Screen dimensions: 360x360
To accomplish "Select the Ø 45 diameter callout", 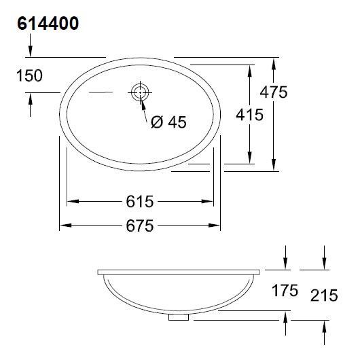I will [168, 122].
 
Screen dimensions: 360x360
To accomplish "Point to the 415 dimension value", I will [250, 115].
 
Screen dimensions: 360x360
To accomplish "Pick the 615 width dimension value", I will [140, 202].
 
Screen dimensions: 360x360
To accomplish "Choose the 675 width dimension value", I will [140, 226].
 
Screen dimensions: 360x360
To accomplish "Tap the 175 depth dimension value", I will [284, 291].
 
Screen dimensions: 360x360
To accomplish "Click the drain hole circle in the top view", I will [140, 92].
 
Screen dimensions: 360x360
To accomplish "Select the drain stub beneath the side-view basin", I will [179, 317].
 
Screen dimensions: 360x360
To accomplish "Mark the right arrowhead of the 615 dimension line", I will [213, 202].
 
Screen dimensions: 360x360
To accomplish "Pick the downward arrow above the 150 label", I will [30, 52].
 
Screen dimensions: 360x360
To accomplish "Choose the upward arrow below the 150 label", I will [30, 98].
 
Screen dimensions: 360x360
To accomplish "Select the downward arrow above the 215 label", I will [325, 264].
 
